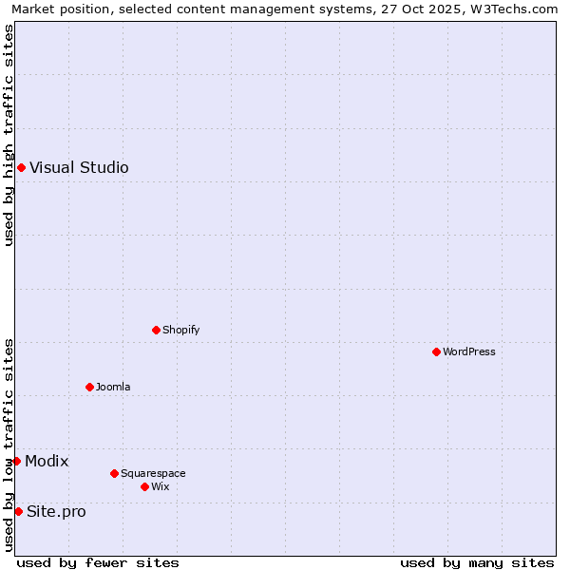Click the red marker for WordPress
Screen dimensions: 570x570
[x=436, y=351]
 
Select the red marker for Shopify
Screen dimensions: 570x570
[x=156, y=330]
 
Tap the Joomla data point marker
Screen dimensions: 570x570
[x=89, y=387]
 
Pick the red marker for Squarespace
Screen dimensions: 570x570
[x=114, y=473]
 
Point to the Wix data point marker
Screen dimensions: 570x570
[x=144, y=486]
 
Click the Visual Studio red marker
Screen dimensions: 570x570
[x=21, y=168]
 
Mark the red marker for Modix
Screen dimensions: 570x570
[x=16, y=461]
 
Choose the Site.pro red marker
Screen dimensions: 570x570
[x=18, y=511]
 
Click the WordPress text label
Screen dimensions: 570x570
[x=469, y=351]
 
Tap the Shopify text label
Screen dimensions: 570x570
[x=181, y=330]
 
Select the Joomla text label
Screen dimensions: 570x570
[x=113, y=387]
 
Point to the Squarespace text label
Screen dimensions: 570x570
[x=153, y=473]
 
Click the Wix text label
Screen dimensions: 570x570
[x=161, y=486]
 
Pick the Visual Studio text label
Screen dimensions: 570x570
[x=79, y=168]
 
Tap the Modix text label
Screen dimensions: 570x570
[x=47, y=461]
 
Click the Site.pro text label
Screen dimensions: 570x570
[x=56, y=511]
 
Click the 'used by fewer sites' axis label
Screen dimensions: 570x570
[x=98, y=562]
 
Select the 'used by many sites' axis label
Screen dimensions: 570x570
[x=477, y=562]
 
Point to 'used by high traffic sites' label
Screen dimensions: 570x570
[x=9, y=135]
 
